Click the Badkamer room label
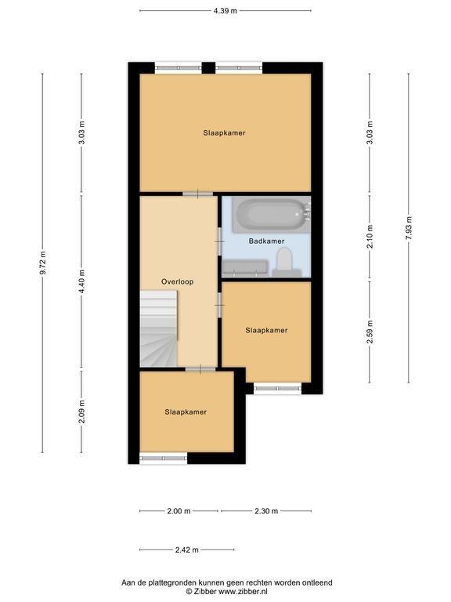(x=266, y=241)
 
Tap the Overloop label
(x=177, y=281)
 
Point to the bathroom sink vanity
(x=245, y=268)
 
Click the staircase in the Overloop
(x=158, y=328)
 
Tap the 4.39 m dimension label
(x=225, y=11)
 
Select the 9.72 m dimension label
(x=43, y=263)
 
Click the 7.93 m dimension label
(x=409, y=228)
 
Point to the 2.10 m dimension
(x=370, y=236)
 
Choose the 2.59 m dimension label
(x=370, y=332)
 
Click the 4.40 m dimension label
(x=81, y=281)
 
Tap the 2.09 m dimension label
(x=81, y=412)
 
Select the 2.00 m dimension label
(x=179, y=511)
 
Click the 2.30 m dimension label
(x=266, y=511)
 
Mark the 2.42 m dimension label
(x=187, y=549)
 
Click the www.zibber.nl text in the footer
(x=243, y=592)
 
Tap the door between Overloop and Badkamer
(x=220, y=241)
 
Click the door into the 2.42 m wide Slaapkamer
(x=200, y=369)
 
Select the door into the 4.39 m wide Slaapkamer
(x=197, y=194)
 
